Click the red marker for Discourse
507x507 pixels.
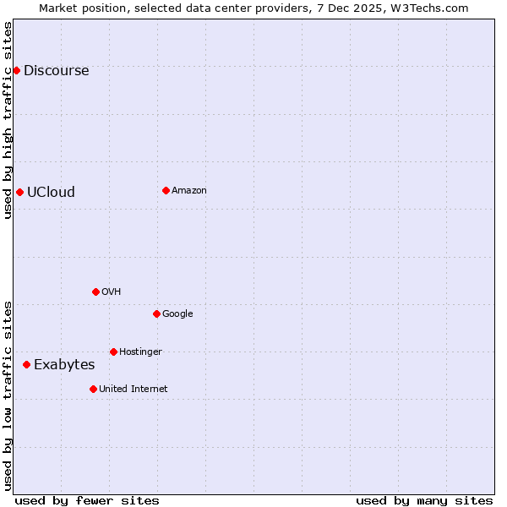(16, 70)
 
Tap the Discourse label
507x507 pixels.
(56, 71)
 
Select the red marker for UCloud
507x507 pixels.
(19, 192)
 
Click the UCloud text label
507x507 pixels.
(51, 193)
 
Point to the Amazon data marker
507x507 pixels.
(166, 190)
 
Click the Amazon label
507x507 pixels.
(188, 191)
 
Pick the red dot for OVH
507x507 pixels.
(95, 292)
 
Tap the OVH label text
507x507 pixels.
(111, 292)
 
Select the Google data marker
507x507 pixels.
(156, 313)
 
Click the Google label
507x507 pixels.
(177, 314)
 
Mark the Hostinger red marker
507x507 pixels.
(113, 352)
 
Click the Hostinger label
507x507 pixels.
(140, 352)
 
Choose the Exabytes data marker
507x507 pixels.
(26, 364)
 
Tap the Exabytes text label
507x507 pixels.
(64, 365)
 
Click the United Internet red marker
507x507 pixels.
(93, 389)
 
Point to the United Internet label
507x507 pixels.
(133, 390)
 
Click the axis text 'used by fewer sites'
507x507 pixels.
(87, 500)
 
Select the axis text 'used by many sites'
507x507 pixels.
(424, 500)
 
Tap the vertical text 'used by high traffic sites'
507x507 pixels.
(8, 120)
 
